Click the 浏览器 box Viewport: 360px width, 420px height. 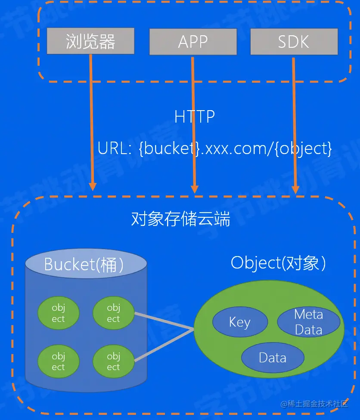[90, 42]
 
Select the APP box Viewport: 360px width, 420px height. [193, 42]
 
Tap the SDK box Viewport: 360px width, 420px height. [294, 42]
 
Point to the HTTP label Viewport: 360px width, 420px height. [194, 117]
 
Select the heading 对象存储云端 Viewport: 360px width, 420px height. [180, 219]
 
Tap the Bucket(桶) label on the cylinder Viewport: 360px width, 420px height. [84, 264]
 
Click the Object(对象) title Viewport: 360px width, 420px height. [278, 262]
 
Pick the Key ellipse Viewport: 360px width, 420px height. [240, 322]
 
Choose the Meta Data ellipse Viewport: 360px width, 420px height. [308, 322]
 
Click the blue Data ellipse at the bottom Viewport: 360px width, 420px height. [273, 358]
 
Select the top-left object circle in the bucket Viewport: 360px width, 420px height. [58, 313]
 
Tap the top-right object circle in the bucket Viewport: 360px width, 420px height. [113, 313]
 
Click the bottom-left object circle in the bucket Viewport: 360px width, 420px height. [58, 361]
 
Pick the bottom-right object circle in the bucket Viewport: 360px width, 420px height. [113, 361]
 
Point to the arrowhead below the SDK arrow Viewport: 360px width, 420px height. [295, 189]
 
